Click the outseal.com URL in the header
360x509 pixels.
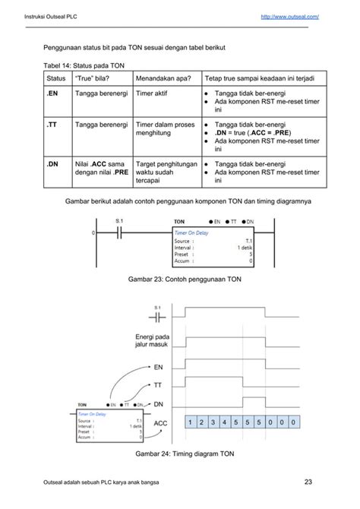point(289,16)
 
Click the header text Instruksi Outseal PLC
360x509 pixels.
point(52,16)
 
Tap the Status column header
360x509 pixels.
point(56,78)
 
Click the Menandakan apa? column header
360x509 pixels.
point(163,78)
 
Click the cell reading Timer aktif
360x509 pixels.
point(154,93)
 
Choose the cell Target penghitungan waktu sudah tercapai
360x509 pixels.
point(166,172)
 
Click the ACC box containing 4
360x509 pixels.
point(227,421)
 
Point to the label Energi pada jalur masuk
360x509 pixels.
point(151,341)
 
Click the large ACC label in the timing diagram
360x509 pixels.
point(160,423)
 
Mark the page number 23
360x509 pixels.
point(308,480)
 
